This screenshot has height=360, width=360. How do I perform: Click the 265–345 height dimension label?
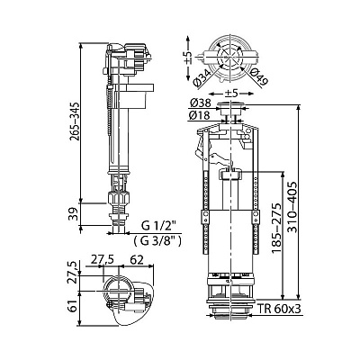click(x=75, y=121)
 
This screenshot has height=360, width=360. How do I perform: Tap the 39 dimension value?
click(x=75, y=214)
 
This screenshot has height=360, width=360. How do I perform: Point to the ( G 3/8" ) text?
click(x=157, y=240)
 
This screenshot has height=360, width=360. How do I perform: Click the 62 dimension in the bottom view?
click(x=137, y=260)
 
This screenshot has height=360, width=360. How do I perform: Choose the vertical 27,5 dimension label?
click(x=74, y=272)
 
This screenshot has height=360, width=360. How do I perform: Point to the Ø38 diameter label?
click(x=200, y=103)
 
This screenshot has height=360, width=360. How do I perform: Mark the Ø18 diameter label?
click(x=200, y=114)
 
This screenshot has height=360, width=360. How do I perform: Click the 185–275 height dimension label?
click(x=277, y=228)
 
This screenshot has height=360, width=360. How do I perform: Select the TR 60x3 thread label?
click(x=280, y=309)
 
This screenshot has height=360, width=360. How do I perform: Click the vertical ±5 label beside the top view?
click(x=188, y=57)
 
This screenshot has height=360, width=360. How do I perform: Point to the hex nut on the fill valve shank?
click(x=119, y=199)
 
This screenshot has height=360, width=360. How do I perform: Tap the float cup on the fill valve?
click(x=134, y=95)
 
